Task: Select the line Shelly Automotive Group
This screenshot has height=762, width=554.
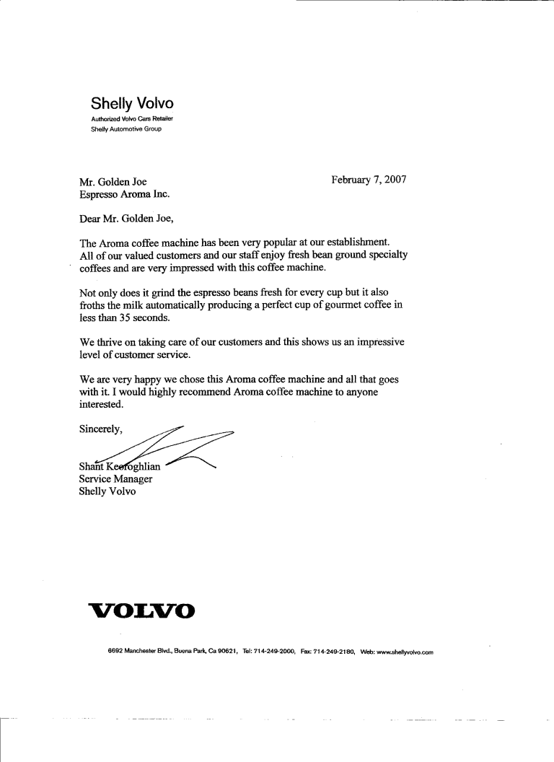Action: (x=126, y=129)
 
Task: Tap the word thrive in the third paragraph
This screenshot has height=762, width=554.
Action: (x=110, y=343)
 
